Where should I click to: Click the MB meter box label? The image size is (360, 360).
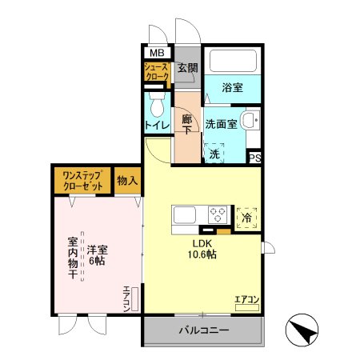[x=154, y=54]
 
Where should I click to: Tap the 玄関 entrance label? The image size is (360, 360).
[x=187, y=69]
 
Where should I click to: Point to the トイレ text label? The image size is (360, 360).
[x=157, y=126]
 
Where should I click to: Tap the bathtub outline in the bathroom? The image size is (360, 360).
[x=233, y=63]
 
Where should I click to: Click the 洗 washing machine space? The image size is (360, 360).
[x=214, y=153]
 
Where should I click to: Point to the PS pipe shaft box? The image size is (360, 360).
[x=255, y=158]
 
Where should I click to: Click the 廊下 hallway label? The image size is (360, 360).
[x=187, y=125]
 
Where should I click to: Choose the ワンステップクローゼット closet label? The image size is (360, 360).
[x=82, y=181]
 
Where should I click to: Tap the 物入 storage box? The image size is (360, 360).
[x=127, y=181]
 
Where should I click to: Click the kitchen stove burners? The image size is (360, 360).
[x=218, y=214]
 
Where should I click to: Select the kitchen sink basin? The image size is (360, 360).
[x=185, y=214]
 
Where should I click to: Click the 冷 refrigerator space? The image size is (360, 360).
[x=247, y=216]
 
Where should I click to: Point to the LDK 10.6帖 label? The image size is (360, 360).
[x=202, y=249]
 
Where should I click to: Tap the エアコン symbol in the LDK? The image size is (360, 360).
[x=246, y=302]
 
